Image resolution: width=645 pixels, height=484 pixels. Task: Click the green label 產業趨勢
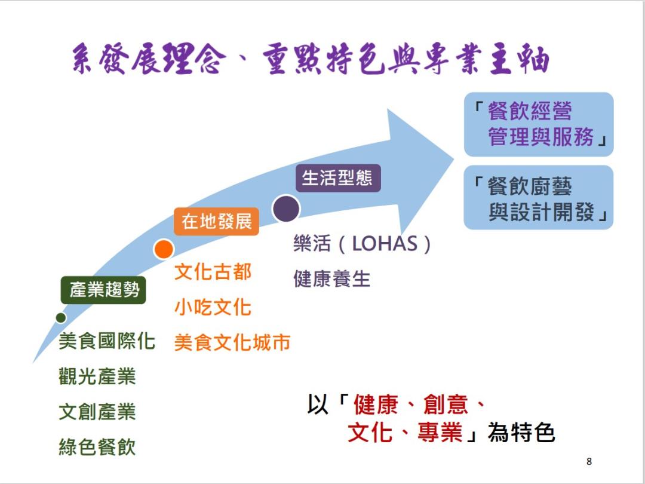pos(103,290)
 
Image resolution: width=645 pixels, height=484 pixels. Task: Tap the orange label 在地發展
pos(217,221)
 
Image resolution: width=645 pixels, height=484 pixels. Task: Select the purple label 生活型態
pos(337,178)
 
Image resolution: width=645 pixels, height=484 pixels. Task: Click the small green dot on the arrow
pos(60,317)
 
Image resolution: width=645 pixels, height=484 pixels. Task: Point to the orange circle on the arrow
pos(163,249)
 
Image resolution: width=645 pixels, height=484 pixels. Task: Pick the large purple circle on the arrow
pos(286,209)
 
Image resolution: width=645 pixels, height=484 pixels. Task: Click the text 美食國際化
pos(107,342)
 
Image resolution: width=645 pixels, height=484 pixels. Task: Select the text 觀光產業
pos(97,376)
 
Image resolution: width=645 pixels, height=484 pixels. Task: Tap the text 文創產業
pos(97,412)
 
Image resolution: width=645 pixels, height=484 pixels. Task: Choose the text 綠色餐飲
pos(97,447)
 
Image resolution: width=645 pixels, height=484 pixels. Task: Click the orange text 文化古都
pos(213,272)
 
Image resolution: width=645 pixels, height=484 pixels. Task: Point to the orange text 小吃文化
pos(213,307)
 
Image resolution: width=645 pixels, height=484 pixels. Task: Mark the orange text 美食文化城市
pos(232,342)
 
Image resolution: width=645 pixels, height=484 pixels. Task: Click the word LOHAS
pos(385,244)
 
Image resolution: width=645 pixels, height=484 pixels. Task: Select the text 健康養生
pos(331,278)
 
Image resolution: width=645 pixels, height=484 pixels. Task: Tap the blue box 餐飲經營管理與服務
pos(539,124)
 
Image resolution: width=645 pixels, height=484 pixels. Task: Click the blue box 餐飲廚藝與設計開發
pos(539,198)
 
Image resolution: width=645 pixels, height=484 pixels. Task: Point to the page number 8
pos(589,461)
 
